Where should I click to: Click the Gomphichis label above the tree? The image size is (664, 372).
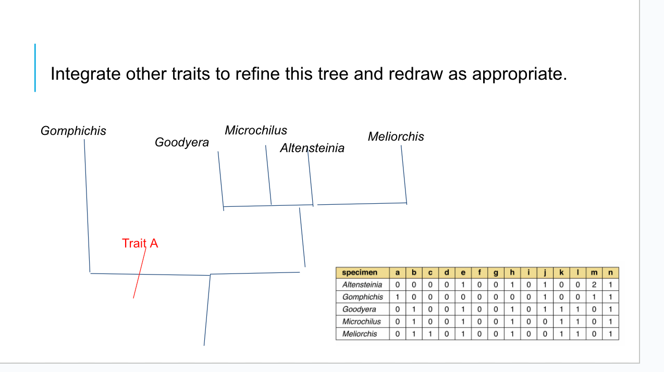coord(73,131)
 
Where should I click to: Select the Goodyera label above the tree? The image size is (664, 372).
coord(182,142)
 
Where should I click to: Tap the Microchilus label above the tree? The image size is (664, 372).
coord(256,130)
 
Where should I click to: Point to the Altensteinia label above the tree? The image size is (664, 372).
coord(312,148)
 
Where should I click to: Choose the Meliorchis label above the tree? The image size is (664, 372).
coord(396,137)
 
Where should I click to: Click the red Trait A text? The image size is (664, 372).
coord(140,243)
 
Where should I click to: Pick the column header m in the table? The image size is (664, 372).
coord(594,272)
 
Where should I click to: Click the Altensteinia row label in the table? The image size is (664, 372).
coord(362,284)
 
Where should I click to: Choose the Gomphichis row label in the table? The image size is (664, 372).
coord(362,297)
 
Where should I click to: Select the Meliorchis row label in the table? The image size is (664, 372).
coord(360,334)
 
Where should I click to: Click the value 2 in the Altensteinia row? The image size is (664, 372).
coord(594,284)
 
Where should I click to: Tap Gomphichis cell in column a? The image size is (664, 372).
coord(397,297)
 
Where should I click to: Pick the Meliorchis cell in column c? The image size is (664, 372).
coord(430,334)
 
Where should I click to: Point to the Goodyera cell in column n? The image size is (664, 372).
coord(610,309)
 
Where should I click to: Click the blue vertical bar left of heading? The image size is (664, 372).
coord(35,68)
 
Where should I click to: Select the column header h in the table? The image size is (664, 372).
coord(512,272)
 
